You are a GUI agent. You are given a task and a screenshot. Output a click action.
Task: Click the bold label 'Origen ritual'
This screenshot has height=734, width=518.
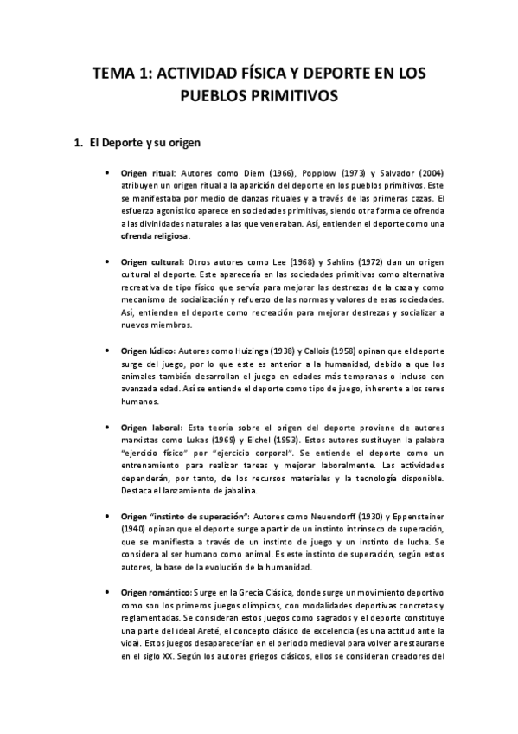point(148,173)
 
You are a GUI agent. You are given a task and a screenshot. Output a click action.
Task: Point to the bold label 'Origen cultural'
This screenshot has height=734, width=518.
point(151,262)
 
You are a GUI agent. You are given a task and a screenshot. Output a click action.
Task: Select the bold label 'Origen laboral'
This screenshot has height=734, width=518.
point(150,428)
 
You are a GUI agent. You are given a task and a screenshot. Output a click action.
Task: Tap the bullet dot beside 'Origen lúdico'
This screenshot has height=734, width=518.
point(106,351)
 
